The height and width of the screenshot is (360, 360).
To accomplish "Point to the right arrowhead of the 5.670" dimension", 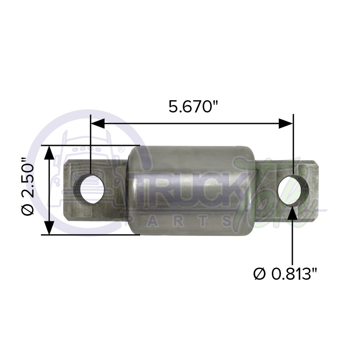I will pyautogui.click(x=285, y=123).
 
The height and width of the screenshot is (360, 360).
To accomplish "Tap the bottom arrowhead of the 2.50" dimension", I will pyautogui.click(x=49, y=228).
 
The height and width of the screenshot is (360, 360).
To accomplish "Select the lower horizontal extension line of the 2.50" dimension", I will pyautogui.click(x=90, y=235).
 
